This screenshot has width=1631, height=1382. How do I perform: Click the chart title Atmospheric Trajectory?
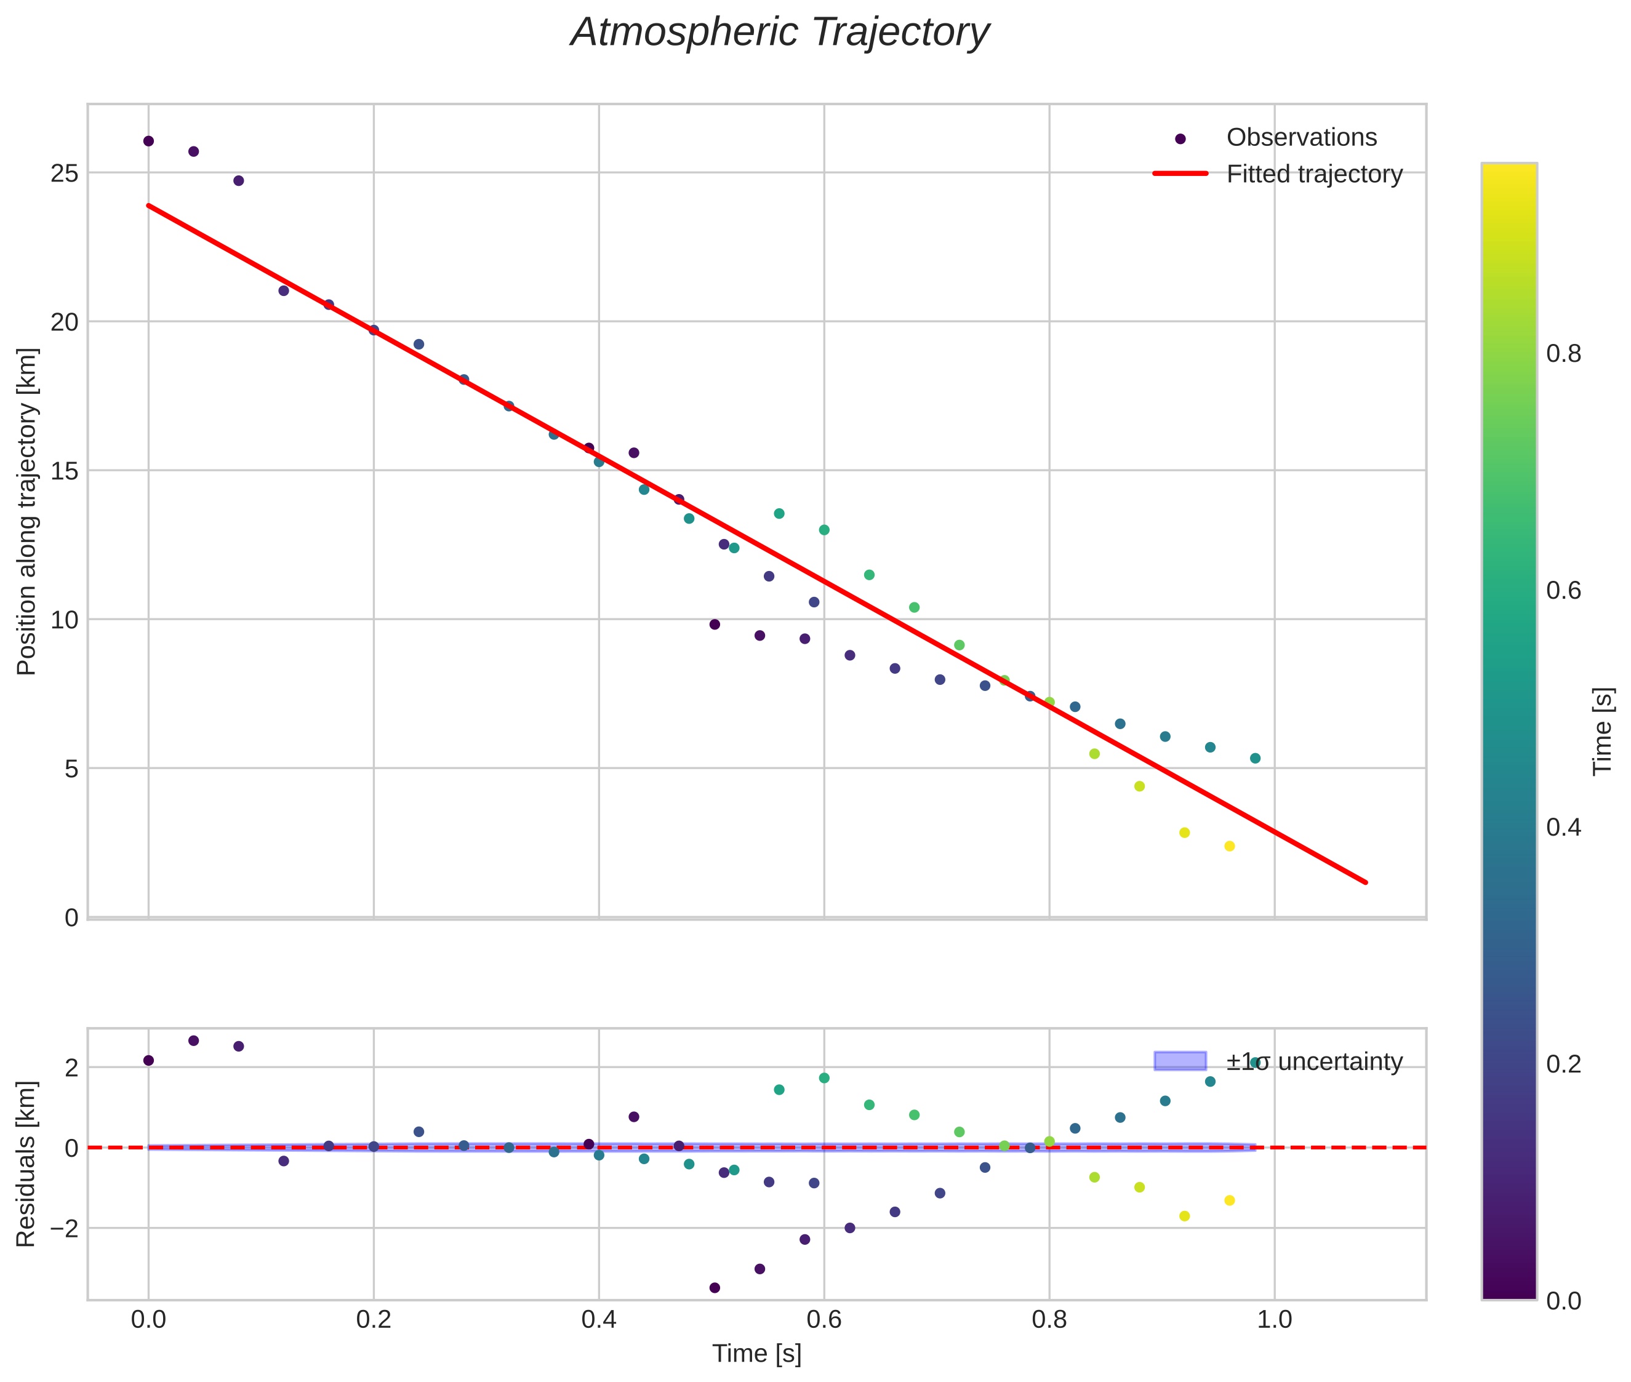pos(780,33)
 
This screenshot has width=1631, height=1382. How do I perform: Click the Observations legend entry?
pos(1300,137)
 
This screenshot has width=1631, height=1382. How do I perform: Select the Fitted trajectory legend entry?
pos(1313,174)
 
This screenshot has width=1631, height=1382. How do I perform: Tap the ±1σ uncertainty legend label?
pos(1313,1061)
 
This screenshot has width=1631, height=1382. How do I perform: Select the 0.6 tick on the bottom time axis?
pos(824,1320)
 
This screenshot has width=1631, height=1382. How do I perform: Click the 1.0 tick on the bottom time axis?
pos(1275,1320)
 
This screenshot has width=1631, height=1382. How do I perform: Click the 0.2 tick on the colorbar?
pos(1563,1064)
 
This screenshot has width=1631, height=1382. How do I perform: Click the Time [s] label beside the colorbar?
pos(1603,732)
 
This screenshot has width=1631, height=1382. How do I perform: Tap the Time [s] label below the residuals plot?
pos(756,1354)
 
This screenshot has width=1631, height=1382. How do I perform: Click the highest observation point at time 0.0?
pos(148,141)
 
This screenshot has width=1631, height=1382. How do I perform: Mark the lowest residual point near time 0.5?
pos(715,1288)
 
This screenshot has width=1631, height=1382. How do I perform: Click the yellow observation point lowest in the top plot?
pos(1230,846)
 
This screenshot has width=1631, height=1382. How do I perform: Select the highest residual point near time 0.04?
pos(194,1040)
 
